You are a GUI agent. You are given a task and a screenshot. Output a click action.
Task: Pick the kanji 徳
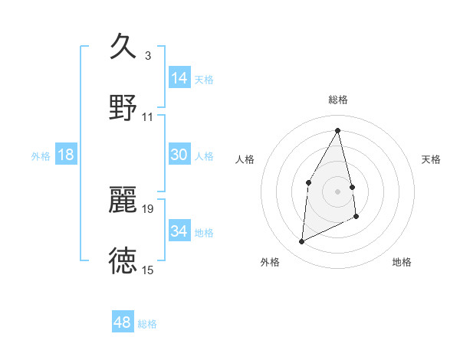pos(123,260)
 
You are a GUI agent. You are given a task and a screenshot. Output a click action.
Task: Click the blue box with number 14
pos(179,78)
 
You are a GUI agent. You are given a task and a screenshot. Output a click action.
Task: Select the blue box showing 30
pos(179,155)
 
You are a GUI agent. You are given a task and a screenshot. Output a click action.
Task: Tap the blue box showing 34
pos(179,231)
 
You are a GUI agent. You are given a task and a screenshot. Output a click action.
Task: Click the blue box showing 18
pos(66,155)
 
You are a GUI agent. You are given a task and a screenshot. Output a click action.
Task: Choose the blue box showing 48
pos(123,322)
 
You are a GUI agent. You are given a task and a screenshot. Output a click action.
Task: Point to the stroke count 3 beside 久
pos(148,56)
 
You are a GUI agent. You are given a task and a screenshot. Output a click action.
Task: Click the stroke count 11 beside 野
pos(148,117)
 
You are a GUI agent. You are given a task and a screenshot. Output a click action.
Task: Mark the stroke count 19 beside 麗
pos(148,208)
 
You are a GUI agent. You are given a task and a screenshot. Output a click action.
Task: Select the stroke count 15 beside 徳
pos(148,270)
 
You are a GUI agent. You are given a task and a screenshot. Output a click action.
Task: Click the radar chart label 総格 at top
pos(338,100)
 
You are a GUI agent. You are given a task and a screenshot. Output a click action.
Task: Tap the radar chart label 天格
pos(432,159)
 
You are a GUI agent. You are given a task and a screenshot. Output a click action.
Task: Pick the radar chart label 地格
pos(402,262)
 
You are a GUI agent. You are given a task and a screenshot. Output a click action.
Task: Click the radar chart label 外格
pos(270,262)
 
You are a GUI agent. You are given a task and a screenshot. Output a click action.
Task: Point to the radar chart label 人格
pos(245,159)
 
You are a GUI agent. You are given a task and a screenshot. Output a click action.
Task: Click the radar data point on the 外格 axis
pos(301,242)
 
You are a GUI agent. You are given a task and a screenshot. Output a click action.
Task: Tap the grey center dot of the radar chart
pos(338,191)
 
